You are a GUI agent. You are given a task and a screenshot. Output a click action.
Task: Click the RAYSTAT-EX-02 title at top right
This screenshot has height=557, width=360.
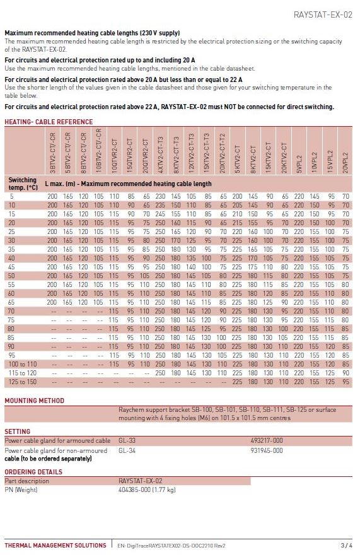coord(323,15)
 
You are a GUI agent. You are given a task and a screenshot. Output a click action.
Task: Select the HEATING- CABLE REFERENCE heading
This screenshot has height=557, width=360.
coord(49,122)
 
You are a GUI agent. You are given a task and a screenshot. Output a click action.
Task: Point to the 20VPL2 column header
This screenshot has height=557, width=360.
coord(345,163)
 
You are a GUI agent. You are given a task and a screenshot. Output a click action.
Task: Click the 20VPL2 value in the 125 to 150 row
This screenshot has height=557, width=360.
coord(345,382)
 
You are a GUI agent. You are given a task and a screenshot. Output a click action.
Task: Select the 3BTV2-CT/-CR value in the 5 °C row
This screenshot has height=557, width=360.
coord(52,196)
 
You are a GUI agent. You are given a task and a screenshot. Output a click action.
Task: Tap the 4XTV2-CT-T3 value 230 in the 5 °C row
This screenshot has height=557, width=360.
coord(160,196)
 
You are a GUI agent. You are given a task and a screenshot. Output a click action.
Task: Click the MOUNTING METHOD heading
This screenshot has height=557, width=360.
coord(35,401)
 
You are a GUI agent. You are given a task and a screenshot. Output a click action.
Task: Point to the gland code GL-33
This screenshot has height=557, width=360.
coord(127,440)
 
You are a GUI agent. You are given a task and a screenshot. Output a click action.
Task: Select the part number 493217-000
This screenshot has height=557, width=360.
coord(267,440)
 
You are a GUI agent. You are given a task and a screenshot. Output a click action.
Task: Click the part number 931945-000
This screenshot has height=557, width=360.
coord(267,450)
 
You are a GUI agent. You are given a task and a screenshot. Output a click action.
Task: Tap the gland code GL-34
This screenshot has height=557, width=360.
coord(127,450)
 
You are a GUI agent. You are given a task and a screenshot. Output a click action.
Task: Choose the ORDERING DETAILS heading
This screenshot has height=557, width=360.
coord(33,472)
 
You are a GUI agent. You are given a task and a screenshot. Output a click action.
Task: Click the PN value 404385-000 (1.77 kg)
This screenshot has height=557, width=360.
coord(147,490)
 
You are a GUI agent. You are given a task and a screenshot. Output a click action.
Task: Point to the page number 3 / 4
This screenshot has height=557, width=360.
coord(347,545)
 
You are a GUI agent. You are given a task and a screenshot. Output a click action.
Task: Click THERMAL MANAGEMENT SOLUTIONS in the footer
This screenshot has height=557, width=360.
coord(55,545)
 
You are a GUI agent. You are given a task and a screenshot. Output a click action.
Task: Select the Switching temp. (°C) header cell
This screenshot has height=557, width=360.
coord(23,184)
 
